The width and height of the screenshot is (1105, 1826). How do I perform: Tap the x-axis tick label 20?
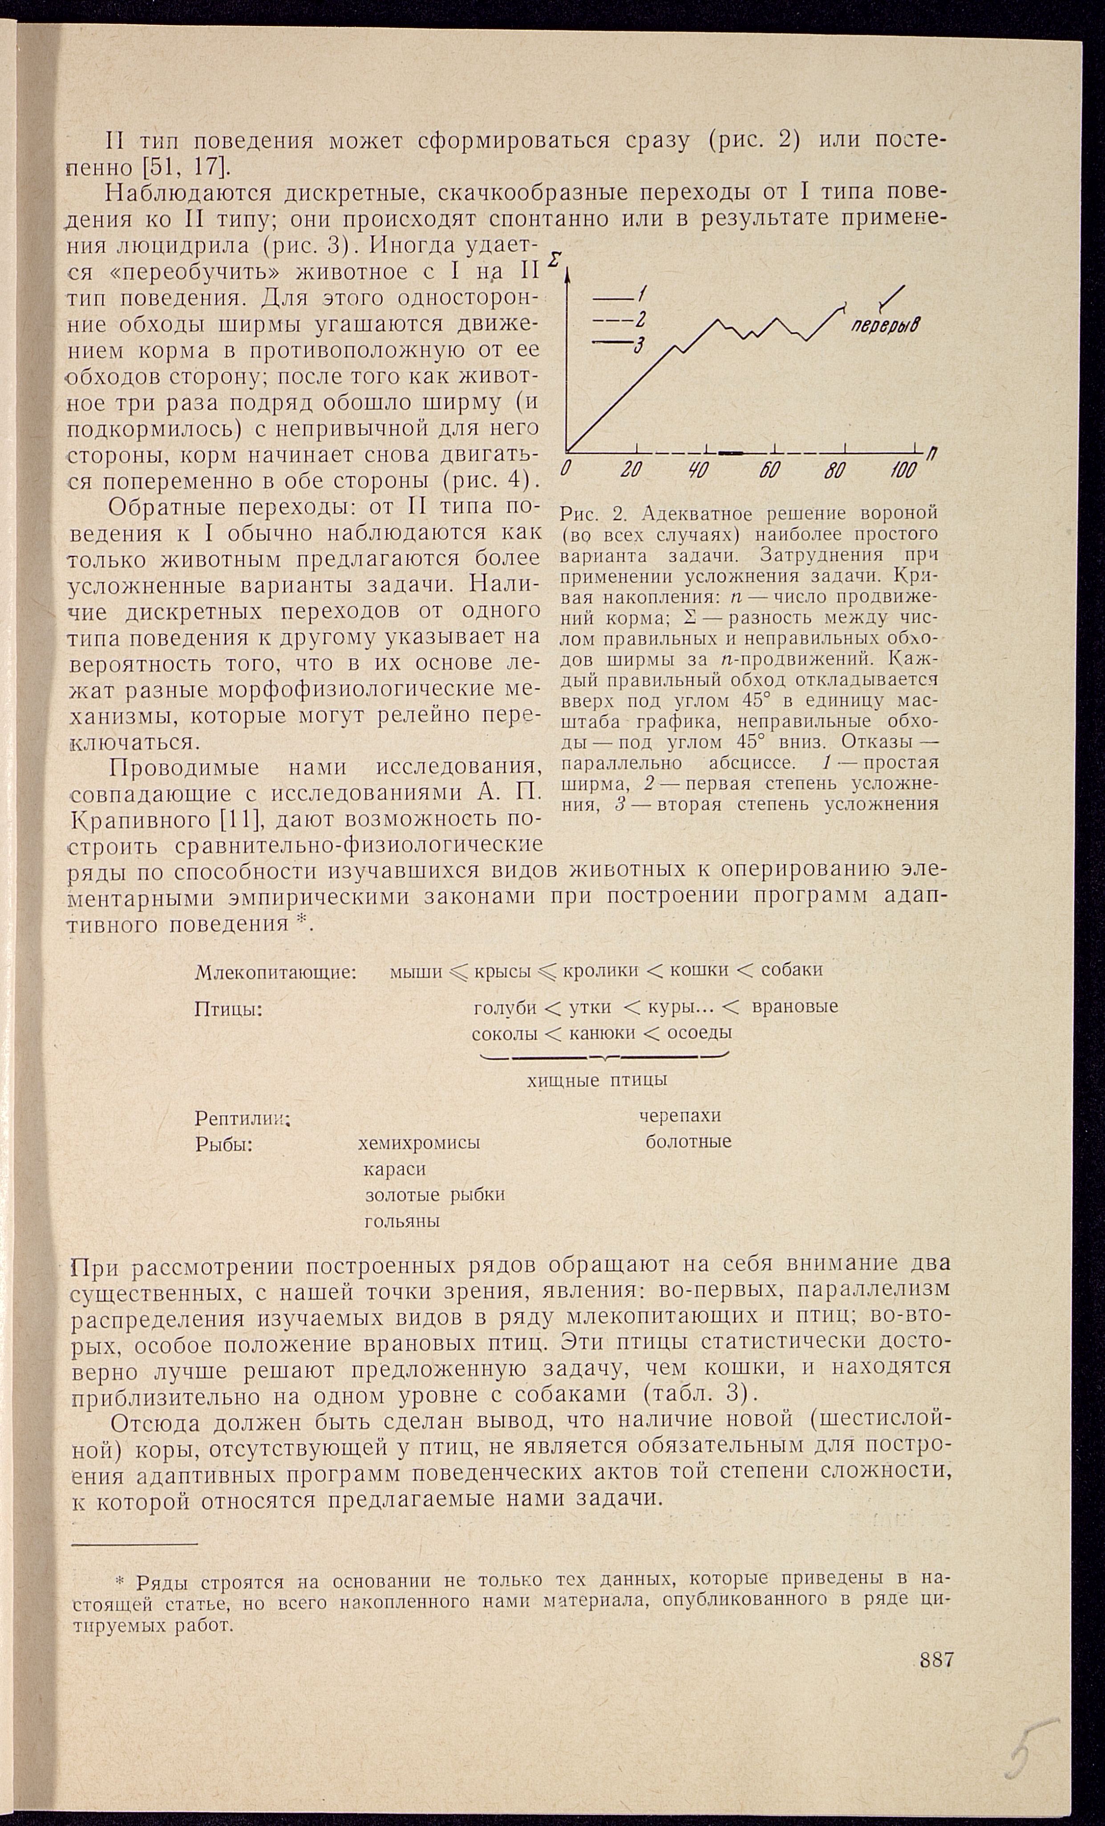pyautogui.click(x=632, y=470)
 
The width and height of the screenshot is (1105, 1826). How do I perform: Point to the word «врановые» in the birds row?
pyautogui.click(x=794, y=1006)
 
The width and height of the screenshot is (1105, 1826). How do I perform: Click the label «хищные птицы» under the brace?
pyautogui.click(x=597, y=1080)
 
